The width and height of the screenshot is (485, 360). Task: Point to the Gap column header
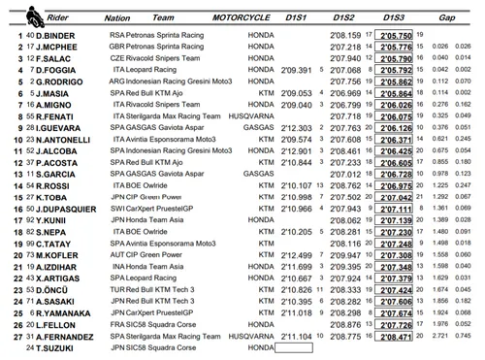(446, 16)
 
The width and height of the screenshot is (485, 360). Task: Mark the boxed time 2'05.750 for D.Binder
(396, 34)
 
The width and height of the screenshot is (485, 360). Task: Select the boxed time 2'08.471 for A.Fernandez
(396, 335)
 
